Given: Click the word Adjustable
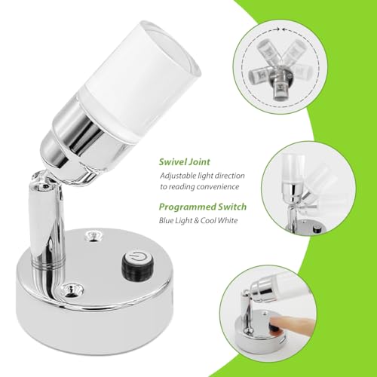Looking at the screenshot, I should [179, 175].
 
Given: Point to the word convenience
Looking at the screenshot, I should [224, 186].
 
